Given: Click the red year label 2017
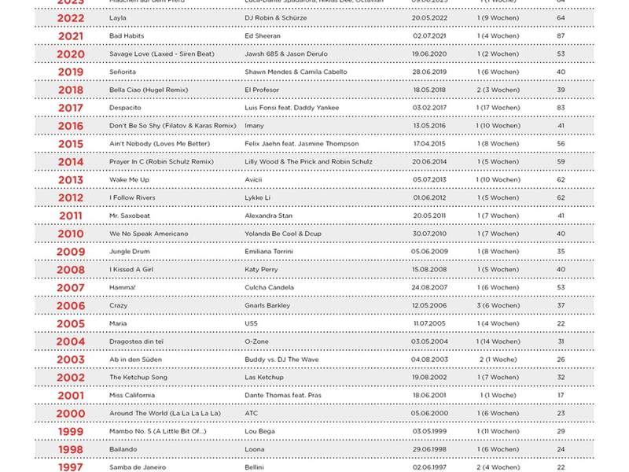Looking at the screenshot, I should tap(70, 108).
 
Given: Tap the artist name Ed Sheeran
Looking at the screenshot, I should tap(263, 36).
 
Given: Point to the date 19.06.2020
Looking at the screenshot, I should tap(429, 54).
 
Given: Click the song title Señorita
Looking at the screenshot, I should tap(123, 72).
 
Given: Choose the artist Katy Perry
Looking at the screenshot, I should tap(261, 270).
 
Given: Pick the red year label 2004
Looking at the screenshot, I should tap(70, 341).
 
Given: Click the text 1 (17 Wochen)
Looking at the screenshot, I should tap(498, 108).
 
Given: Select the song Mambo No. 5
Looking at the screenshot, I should tap(157, 431).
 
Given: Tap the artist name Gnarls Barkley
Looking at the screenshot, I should tap(267, 305).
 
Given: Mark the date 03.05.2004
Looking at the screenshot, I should tap(429, 341).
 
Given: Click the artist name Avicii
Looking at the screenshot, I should tap(254, 180).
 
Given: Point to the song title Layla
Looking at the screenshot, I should tap(117, 18).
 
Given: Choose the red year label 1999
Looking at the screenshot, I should tap(70, 432).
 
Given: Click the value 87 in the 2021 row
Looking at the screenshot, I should tap(561, 36).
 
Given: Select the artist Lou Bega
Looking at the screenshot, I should tap(260, 431).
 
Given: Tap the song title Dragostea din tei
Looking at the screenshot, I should tap(136, 341).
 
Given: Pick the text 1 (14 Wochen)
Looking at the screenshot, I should tap(498, 341).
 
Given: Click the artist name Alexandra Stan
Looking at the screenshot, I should tap(268, 216).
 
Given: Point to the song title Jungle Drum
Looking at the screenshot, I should tap(130, 252).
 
